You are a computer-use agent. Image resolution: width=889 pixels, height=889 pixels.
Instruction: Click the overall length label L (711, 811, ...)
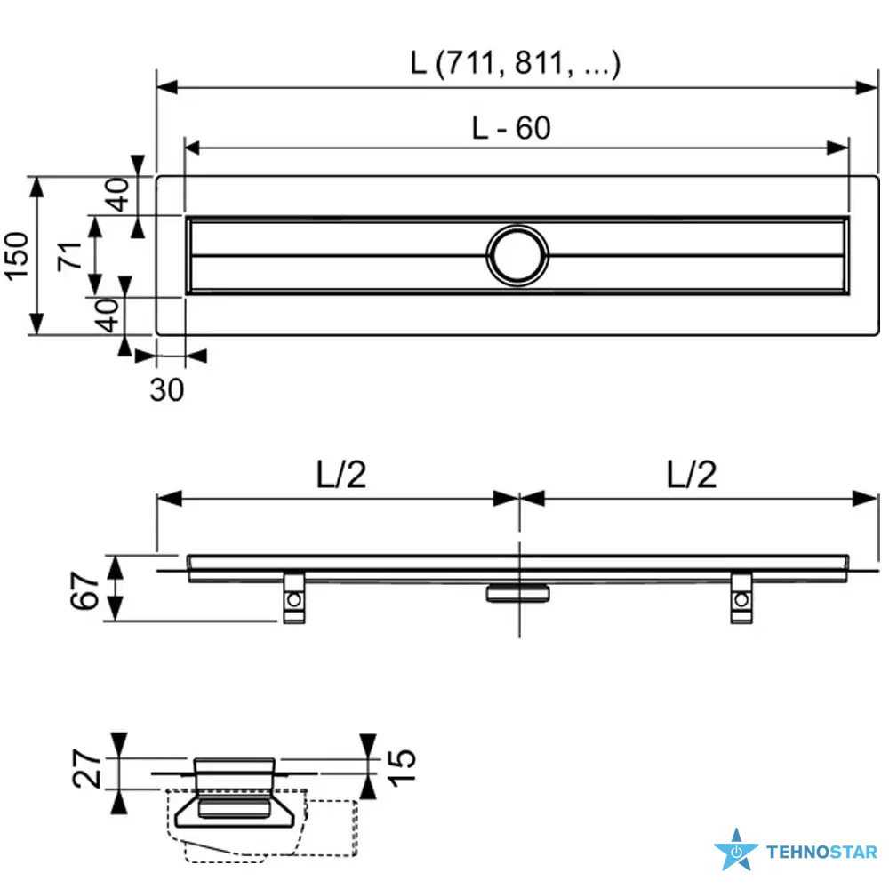pyautogui.click(x=516, y=63)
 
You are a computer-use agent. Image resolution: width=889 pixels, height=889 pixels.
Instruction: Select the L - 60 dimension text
pyautogui.click(x=511, y=127)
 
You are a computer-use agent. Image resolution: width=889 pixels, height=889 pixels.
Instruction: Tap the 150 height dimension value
pyautogui.click(x=16, y=256)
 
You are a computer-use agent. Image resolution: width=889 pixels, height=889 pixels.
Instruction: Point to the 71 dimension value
pyautogui.click(x=69, y=256)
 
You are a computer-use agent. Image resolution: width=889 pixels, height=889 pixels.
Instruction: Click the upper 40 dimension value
pyautogui.click(x=116, y=195)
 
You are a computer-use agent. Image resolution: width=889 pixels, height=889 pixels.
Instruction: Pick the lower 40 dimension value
pyautogui.click(x=107, y=316)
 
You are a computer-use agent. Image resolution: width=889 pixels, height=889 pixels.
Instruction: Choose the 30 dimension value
pyautogui.click(x=167, y=390)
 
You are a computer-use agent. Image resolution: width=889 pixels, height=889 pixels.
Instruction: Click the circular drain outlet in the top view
pyautogui.click(x=517, y=256)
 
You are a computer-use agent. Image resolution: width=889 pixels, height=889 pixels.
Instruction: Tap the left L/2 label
pyautogui.click(x=341, y=475)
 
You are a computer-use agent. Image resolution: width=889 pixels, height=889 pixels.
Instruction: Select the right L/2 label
pyautogui.click(x=692, y=475)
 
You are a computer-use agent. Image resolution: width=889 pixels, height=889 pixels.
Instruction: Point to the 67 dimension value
pyautogui.click(x=85, y=590)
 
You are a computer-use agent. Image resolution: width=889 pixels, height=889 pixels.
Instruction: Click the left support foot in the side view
pyautogui.click(x=293, y=598)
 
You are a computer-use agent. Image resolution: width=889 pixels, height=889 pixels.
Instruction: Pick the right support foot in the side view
pyautogui.click(x=741, y=598)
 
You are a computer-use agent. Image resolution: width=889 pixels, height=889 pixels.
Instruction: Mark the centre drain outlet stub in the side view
pyautogui.click(x=517, y=593)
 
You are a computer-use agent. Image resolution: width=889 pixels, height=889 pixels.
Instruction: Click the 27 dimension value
pyautogui.click(x=87, y=769)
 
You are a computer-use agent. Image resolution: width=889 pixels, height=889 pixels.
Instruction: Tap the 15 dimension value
pyautogui.click(x=402, y=767)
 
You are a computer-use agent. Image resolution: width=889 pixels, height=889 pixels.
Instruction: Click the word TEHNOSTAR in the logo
pyautogui.click(x=822, y=852)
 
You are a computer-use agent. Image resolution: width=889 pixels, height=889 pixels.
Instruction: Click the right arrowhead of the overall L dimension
pyautogui.click(x=867, y=87)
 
